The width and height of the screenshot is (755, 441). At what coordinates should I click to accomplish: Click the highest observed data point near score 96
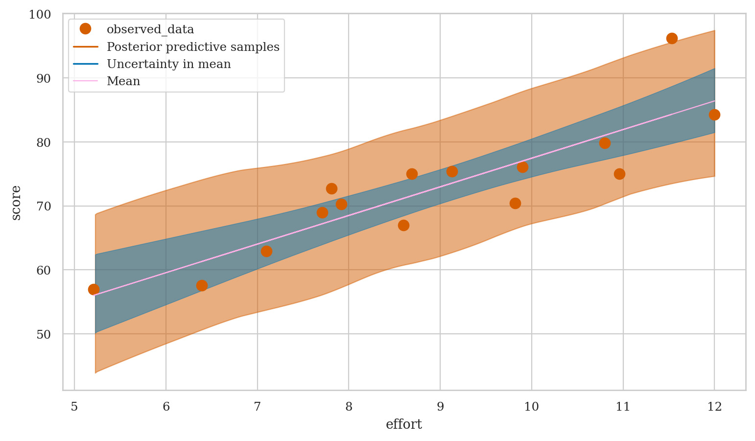tap(672, 38)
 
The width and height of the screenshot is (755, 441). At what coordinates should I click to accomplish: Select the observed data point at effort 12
tap(714, 115)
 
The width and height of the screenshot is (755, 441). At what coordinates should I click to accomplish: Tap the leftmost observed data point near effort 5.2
tap(94, 289)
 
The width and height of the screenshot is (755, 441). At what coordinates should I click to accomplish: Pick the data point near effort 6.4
tap(202, 285)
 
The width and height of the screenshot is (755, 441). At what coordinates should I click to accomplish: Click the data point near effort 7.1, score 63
tap(266, 251)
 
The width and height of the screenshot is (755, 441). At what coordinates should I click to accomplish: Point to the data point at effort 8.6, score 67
tap(403, 225)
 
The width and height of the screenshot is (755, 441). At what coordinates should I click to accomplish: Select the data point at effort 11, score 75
tap(619, 174)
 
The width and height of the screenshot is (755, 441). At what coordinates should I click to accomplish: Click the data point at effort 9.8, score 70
tap(515, 203)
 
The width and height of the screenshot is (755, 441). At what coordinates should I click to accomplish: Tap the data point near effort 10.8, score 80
tap(605, 143)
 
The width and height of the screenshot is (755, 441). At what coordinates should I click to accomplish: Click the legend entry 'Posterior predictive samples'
tap(193, 47)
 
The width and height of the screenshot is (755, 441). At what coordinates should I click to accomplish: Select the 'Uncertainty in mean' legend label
tap(168, 64)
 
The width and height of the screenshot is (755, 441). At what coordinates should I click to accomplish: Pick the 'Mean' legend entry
tap(123, 81)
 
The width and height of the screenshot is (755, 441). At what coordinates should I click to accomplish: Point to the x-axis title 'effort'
tap(404, 424)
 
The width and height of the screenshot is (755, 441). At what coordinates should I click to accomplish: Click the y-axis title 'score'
tap(16, 203)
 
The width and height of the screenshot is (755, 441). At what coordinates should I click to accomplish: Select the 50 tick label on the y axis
tap(44, 334)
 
